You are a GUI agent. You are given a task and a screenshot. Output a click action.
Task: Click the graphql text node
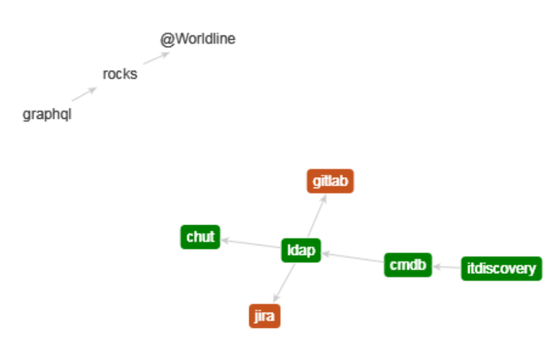tap(47, 115)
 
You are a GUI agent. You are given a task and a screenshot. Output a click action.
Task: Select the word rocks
tap(119, 74)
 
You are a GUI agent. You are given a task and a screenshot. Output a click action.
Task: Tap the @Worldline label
tap(198, 39)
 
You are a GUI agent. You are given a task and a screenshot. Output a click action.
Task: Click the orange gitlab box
tap(331, 181)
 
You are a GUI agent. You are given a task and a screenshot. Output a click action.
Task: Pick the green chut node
tap(200, 237)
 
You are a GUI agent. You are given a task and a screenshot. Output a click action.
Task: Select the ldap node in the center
tap(301, 250)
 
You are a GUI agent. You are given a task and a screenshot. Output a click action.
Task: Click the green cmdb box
tap(408, 265)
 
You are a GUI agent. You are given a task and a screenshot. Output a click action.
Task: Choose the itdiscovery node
tap(501, 268)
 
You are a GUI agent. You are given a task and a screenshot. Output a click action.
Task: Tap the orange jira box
tap(264, 316)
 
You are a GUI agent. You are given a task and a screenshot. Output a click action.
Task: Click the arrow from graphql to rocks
tap(84, 95)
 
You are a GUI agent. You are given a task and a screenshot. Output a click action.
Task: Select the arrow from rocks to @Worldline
tap(156, 57)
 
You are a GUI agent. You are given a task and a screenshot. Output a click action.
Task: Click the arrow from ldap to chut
tap(251, 244)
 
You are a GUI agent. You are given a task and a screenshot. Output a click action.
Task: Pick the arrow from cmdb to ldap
tap(353, 257)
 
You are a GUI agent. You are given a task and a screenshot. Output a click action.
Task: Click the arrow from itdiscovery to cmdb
tap(447, 266)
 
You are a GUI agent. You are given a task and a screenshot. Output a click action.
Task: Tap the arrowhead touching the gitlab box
tap(324, 198)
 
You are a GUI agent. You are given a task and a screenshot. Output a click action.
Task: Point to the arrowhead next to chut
tap(225, 240)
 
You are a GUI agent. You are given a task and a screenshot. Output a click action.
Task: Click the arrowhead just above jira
tap(276, 297)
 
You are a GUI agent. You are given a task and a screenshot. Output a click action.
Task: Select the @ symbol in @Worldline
tap(166, 40)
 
